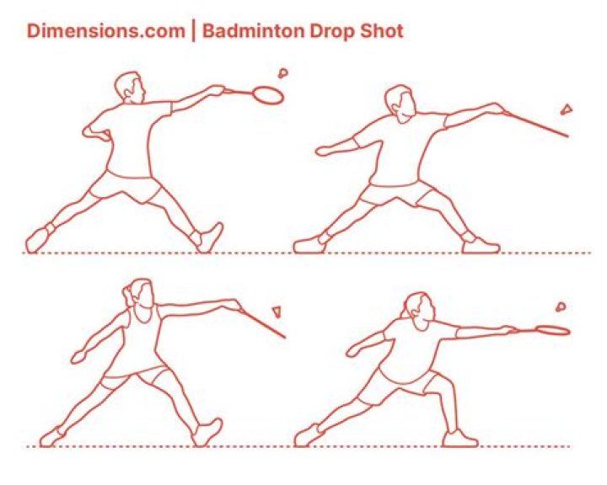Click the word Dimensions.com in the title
[x=105, y=31]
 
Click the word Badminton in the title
[x=254, y=31]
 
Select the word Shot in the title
[x=382, y=31]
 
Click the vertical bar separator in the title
[x=194, y=31]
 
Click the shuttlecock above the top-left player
[x=283, y=72]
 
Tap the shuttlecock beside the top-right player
[x=567, y=109]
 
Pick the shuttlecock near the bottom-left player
[x=277, y=312]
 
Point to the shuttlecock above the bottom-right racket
[x=561, y=307]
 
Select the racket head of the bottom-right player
[x=552, y=330]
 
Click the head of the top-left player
[x=130, y=88]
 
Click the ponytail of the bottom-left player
[x=127, y=295]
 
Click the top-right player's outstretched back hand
[x=325, y=151]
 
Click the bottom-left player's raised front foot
[x=208, y=431]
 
